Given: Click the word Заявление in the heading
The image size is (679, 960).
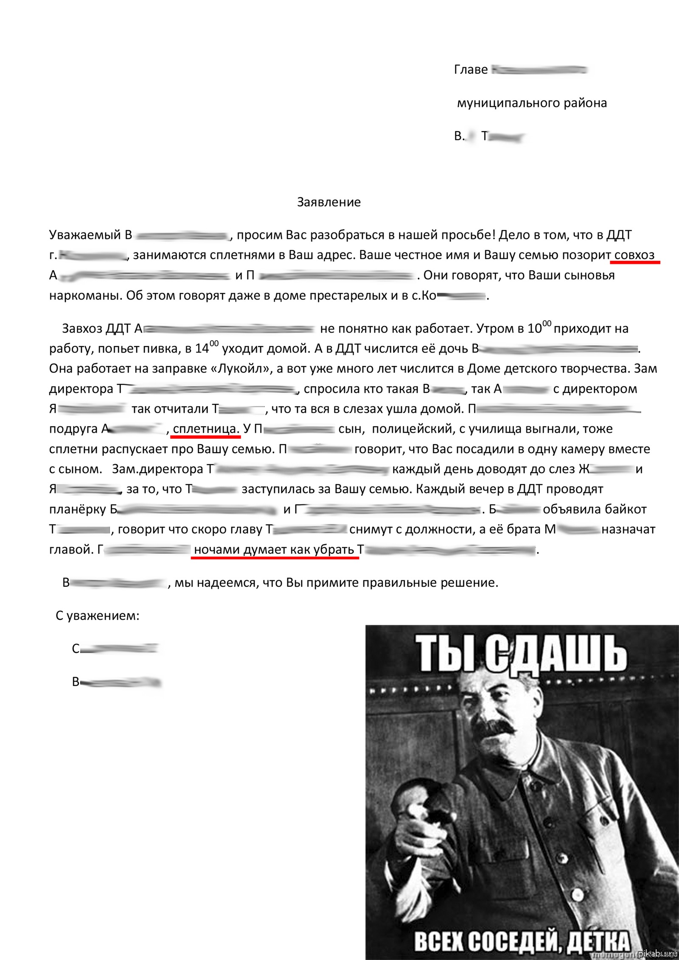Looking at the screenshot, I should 328,202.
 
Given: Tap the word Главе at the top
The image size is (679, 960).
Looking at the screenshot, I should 471,70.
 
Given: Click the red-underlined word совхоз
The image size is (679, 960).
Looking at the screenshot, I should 634,255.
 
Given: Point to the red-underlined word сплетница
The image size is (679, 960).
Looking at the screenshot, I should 205,429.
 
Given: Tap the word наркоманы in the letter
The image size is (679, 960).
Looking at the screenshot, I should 86,296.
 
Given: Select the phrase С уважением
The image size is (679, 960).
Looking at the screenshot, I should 97,616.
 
